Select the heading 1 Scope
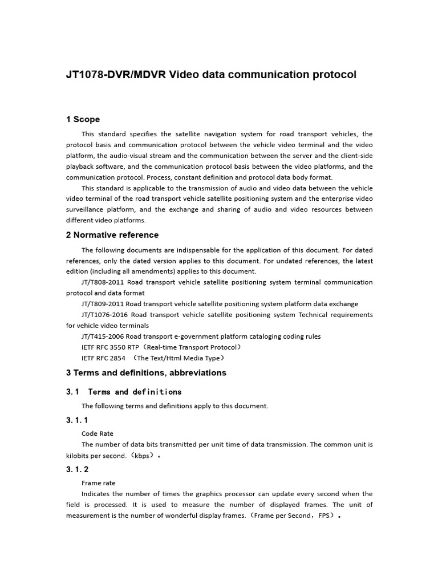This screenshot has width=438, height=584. click(x=83, y=119)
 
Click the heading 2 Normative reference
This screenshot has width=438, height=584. click(x=112, y=235)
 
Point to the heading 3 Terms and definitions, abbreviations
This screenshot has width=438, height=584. click(x=146, y=373)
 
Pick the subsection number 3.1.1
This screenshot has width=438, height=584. click(x=77, y=420)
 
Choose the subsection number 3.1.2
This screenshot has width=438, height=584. click(x=77, y=470)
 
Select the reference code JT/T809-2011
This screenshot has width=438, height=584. click(x=102, y=304)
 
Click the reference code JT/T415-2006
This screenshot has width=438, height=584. click(x=102, y=336)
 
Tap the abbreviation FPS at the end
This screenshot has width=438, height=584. click(x=322, y=516)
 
